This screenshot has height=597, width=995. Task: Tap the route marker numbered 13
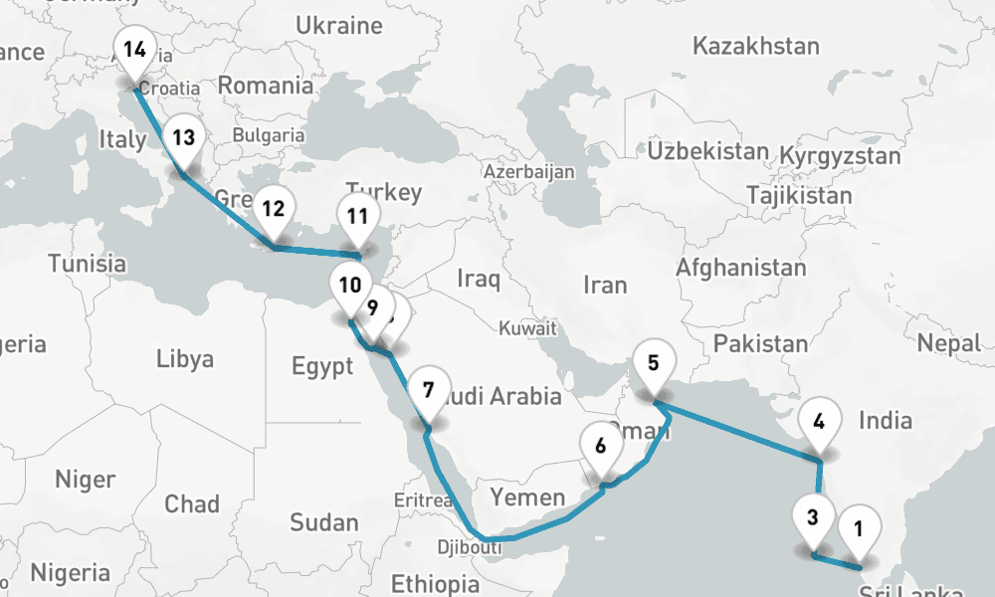pyautogui.click(x=182, y=138)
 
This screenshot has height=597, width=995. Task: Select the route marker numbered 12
pyautogui.click(x=273, y=209)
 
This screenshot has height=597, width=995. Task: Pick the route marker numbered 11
pyautogui.click(x=358, y=216)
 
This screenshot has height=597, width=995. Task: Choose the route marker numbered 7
pyautogui.click(x=428, y=390)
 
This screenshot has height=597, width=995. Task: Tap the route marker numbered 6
pyautogui.click(x=600, y=446)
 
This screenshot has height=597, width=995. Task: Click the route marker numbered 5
pyautogui.click(x=653, y=363)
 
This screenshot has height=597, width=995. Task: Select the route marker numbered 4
pyautogui.click(x=819, y=421)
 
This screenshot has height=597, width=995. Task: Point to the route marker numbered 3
pyautogui.click(x=813, y=517)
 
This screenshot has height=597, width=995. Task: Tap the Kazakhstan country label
pyautogui.click(x=755, y=46)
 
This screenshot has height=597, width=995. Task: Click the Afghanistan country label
pyautogui.click(x=740, y=268)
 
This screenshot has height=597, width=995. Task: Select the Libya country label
pyautogui.click(x=185, y=359)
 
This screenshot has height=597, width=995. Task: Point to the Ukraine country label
pyautogui.click(x=339, y=25)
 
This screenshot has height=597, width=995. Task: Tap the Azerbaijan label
pyautogui.click(x=528, y=172)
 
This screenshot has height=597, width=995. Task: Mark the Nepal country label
pyautogui.click(x=949, y=343)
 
